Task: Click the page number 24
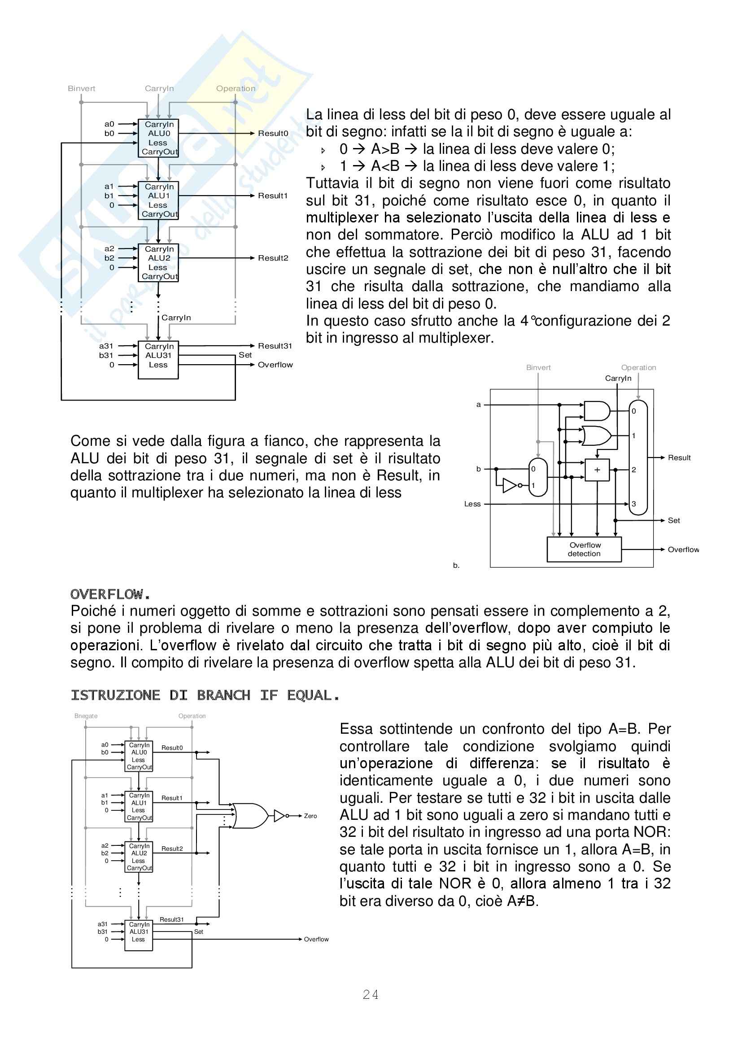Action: tap(371, 995)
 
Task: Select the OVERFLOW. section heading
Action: tap(110, 594)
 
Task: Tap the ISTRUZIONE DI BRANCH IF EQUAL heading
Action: tap(205, 696)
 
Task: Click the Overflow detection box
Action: tap(585, 549)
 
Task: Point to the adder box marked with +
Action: tap(597, 470)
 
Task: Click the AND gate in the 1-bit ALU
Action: tap(597, 411)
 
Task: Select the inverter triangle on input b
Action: tap(510, 485)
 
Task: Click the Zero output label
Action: tap(310, 816)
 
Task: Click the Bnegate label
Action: tap(86, 716)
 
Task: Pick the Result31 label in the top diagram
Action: tap(275, 346)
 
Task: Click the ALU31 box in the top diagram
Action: tap(158, 360)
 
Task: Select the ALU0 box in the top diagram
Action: tap(158, 138)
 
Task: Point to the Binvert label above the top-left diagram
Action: tap(81, 89)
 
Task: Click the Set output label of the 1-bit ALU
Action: tap(673, 520)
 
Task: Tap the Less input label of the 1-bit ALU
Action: tap(472, 504)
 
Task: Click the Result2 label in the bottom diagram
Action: tap(172, 849)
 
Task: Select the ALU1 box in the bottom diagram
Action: tap(139, 806)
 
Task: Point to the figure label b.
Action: tap(456, 565)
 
